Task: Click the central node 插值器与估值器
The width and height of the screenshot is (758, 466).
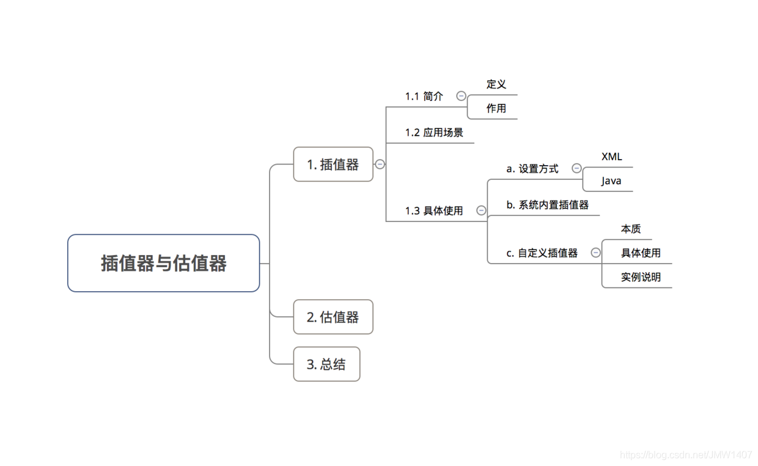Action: (x=163, y=263)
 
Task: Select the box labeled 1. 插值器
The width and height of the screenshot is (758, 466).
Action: (x=333, y=164)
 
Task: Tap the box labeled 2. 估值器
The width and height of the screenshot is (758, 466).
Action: (x=333, y=317)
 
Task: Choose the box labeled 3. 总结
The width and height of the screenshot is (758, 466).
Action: (x=326, y=364)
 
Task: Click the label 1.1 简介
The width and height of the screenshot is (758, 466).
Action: (x=424, y=97)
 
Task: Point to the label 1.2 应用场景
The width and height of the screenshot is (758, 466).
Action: (x=434, y=133)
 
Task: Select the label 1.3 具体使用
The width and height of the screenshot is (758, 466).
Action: (x=434, y=211)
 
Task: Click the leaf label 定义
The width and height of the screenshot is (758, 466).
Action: (x=496, y=84)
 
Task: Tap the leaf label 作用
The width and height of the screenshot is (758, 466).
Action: (x=496, y=109)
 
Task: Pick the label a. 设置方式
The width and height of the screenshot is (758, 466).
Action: (x=532, y=169)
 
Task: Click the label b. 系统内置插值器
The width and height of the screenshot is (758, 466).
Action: (x=548, y=205)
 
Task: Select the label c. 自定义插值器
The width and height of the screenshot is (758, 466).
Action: (x=542, y=253)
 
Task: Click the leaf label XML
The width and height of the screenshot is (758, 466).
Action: (x=611, y=157)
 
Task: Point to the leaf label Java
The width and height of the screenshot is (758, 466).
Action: (x=611, y=181)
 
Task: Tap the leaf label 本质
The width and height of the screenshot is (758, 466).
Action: (x=631, y=229)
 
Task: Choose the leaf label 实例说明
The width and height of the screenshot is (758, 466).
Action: (x=641, y=277)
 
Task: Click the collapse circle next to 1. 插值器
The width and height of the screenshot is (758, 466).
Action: (x=380, y=164)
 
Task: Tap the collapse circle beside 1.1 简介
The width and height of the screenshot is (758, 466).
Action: (x=462, y=96)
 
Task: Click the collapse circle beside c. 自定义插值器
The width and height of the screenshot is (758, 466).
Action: (x=596, y=253)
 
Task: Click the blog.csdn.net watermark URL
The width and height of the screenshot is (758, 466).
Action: (x=686, y=455)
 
